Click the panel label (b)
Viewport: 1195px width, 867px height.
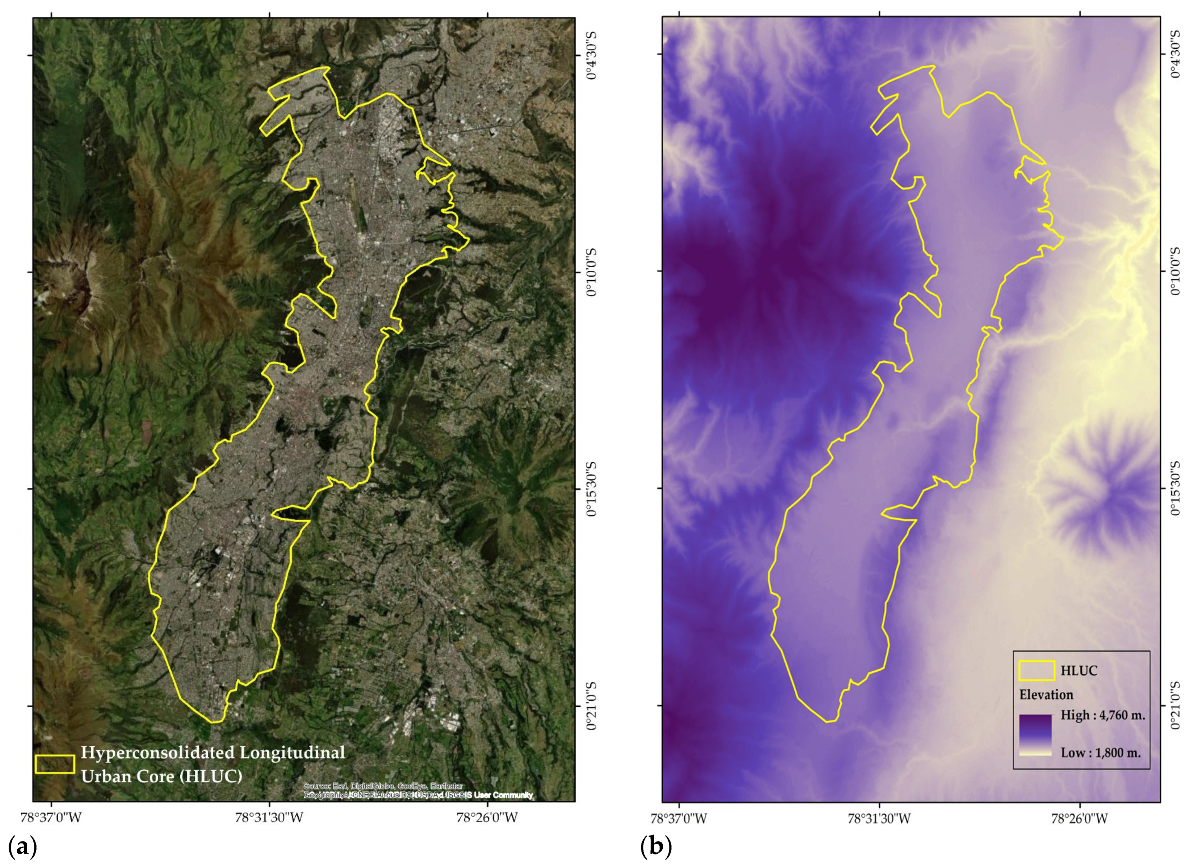coord(656,848)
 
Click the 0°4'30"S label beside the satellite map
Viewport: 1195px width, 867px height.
coord(591,55)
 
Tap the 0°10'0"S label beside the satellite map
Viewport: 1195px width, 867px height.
coord(591,272)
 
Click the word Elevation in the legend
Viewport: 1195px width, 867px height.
coord(1046,694)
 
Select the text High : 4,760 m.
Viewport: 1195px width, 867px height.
coord(1102,715)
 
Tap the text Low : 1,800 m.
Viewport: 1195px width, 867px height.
coord(1101,753)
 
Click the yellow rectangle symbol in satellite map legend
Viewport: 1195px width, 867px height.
coord(55,764)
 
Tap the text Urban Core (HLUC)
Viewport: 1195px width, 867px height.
coord(161,776)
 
